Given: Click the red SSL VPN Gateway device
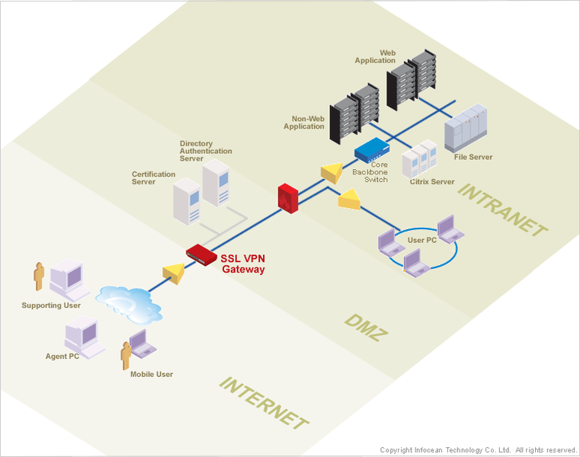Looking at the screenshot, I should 200,254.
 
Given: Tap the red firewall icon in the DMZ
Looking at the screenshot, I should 287,197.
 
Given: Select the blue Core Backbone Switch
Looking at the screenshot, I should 373,149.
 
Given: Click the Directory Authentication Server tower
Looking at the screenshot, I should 216,184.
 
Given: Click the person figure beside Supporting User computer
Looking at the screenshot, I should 39,276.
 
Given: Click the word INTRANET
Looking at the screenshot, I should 503,209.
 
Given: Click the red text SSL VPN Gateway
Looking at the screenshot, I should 242,264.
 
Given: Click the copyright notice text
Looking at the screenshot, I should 478,450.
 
